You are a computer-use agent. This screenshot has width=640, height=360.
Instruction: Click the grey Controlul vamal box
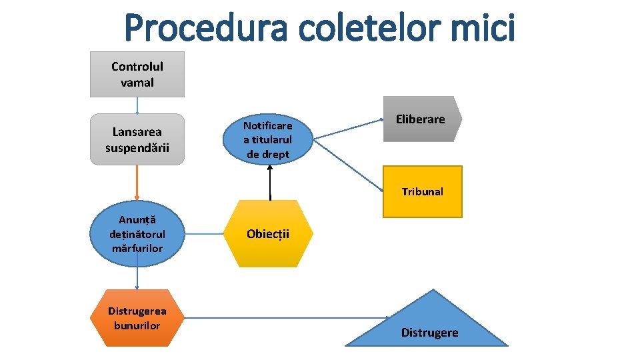point(137,75)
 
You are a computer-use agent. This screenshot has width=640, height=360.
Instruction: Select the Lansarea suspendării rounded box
point(137,139)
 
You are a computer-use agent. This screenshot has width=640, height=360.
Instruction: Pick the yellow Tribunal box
point(422,192)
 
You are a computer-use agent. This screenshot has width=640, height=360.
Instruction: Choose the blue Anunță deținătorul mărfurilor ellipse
point(137,233)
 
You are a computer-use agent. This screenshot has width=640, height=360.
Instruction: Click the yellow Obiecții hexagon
point(268,234)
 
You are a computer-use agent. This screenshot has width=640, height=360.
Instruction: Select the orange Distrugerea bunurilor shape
point(137,317)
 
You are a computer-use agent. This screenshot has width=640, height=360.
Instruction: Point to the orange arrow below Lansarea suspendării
point(137,182)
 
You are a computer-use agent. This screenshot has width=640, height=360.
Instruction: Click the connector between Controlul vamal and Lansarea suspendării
point(137,105)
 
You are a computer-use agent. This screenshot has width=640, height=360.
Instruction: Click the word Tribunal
point(422,192)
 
